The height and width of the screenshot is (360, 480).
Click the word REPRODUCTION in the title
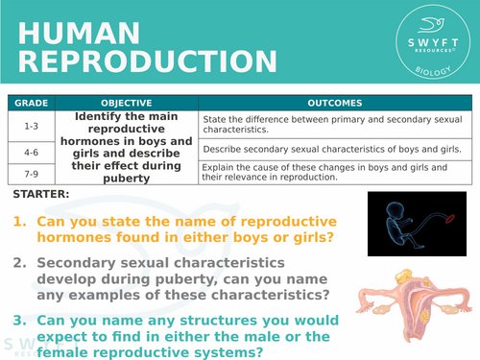tap(134, 61)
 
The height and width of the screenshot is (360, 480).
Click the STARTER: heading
tap(41, 195)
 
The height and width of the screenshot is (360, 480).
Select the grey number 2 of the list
tap(19, 261)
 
